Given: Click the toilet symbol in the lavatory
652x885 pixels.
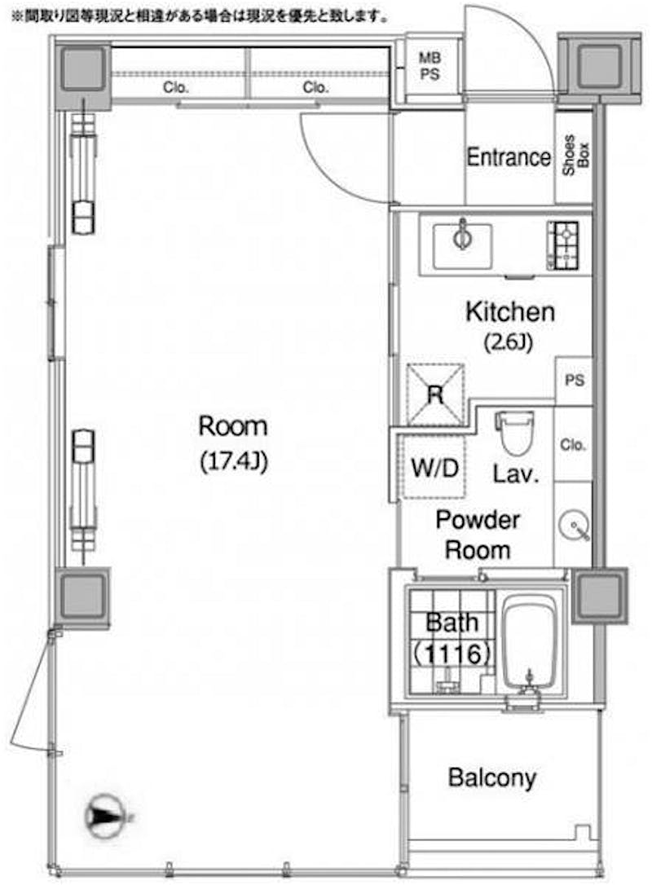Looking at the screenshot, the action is tap(514, 433).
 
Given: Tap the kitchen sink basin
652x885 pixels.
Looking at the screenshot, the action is tap(462, 246).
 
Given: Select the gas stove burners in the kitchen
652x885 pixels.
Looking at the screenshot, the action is tap(563, 245).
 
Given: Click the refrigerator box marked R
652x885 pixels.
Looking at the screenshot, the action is tap(435, 394).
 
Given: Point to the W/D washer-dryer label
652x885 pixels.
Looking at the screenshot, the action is tap(434, 469).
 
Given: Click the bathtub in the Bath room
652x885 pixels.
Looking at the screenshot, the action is tap(530, 645).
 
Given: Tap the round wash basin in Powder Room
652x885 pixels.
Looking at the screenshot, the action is tap(575, 526).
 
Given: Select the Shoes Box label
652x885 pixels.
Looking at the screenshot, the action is tap(575, 155).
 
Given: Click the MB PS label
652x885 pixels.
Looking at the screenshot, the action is tap(430, 66).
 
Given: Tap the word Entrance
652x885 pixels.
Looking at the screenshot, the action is tap(509, 157).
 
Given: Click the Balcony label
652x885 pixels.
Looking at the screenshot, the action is tap(492, 777).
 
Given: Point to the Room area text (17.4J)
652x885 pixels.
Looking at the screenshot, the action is tap(234, 462).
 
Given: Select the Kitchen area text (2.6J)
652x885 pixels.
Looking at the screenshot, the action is tap(509, 342).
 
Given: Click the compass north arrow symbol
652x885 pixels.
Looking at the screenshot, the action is tap(104, 817).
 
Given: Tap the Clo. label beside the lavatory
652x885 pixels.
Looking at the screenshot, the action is tap(573, 445).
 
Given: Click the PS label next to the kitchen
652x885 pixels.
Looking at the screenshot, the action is tap(575, 380).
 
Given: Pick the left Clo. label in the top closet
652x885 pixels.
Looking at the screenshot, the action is tap(175, 87).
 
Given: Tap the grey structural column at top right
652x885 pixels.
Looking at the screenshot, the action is tap(600, 65).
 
